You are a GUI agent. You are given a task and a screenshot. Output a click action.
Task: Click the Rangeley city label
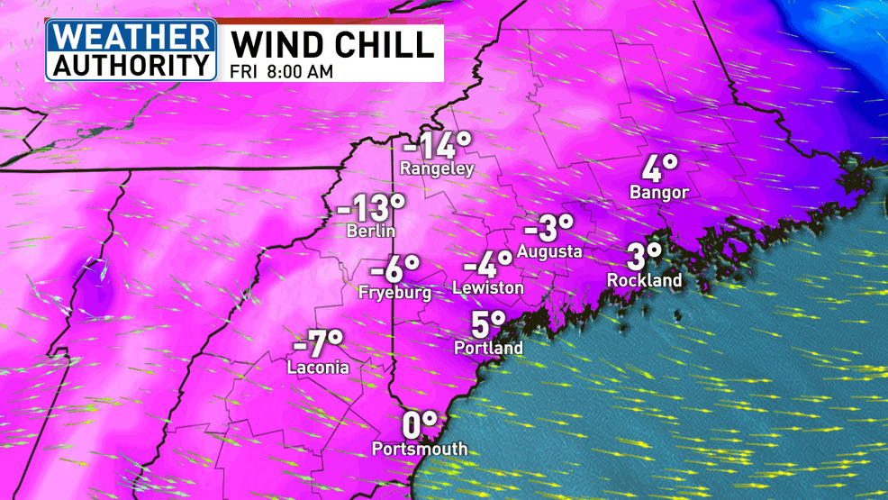(x=437, y=168)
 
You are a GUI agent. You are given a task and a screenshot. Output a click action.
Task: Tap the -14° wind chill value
(x=437, y=145)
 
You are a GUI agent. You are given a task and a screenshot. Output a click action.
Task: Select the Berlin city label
(x=371, y=232)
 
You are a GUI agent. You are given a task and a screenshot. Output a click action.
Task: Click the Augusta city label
(x=548, y=251)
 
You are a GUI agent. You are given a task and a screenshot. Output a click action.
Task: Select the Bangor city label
(x=659, y=192)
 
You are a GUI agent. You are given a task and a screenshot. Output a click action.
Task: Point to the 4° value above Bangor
(x=659, y=168)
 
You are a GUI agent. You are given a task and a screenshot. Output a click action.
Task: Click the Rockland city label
(x=645, y=280)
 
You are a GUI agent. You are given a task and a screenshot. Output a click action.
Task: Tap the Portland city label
(x=489, y=348)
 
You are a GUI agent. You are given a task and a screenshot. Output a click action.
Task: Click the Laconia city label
(x=318, y=368)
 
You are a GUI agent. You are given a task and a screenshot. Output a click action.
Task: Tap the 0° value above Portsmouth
(x=420, y=424)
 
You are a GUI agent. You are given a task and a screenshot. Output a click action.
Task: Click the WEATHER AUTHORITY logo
(x=131, y=50)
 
